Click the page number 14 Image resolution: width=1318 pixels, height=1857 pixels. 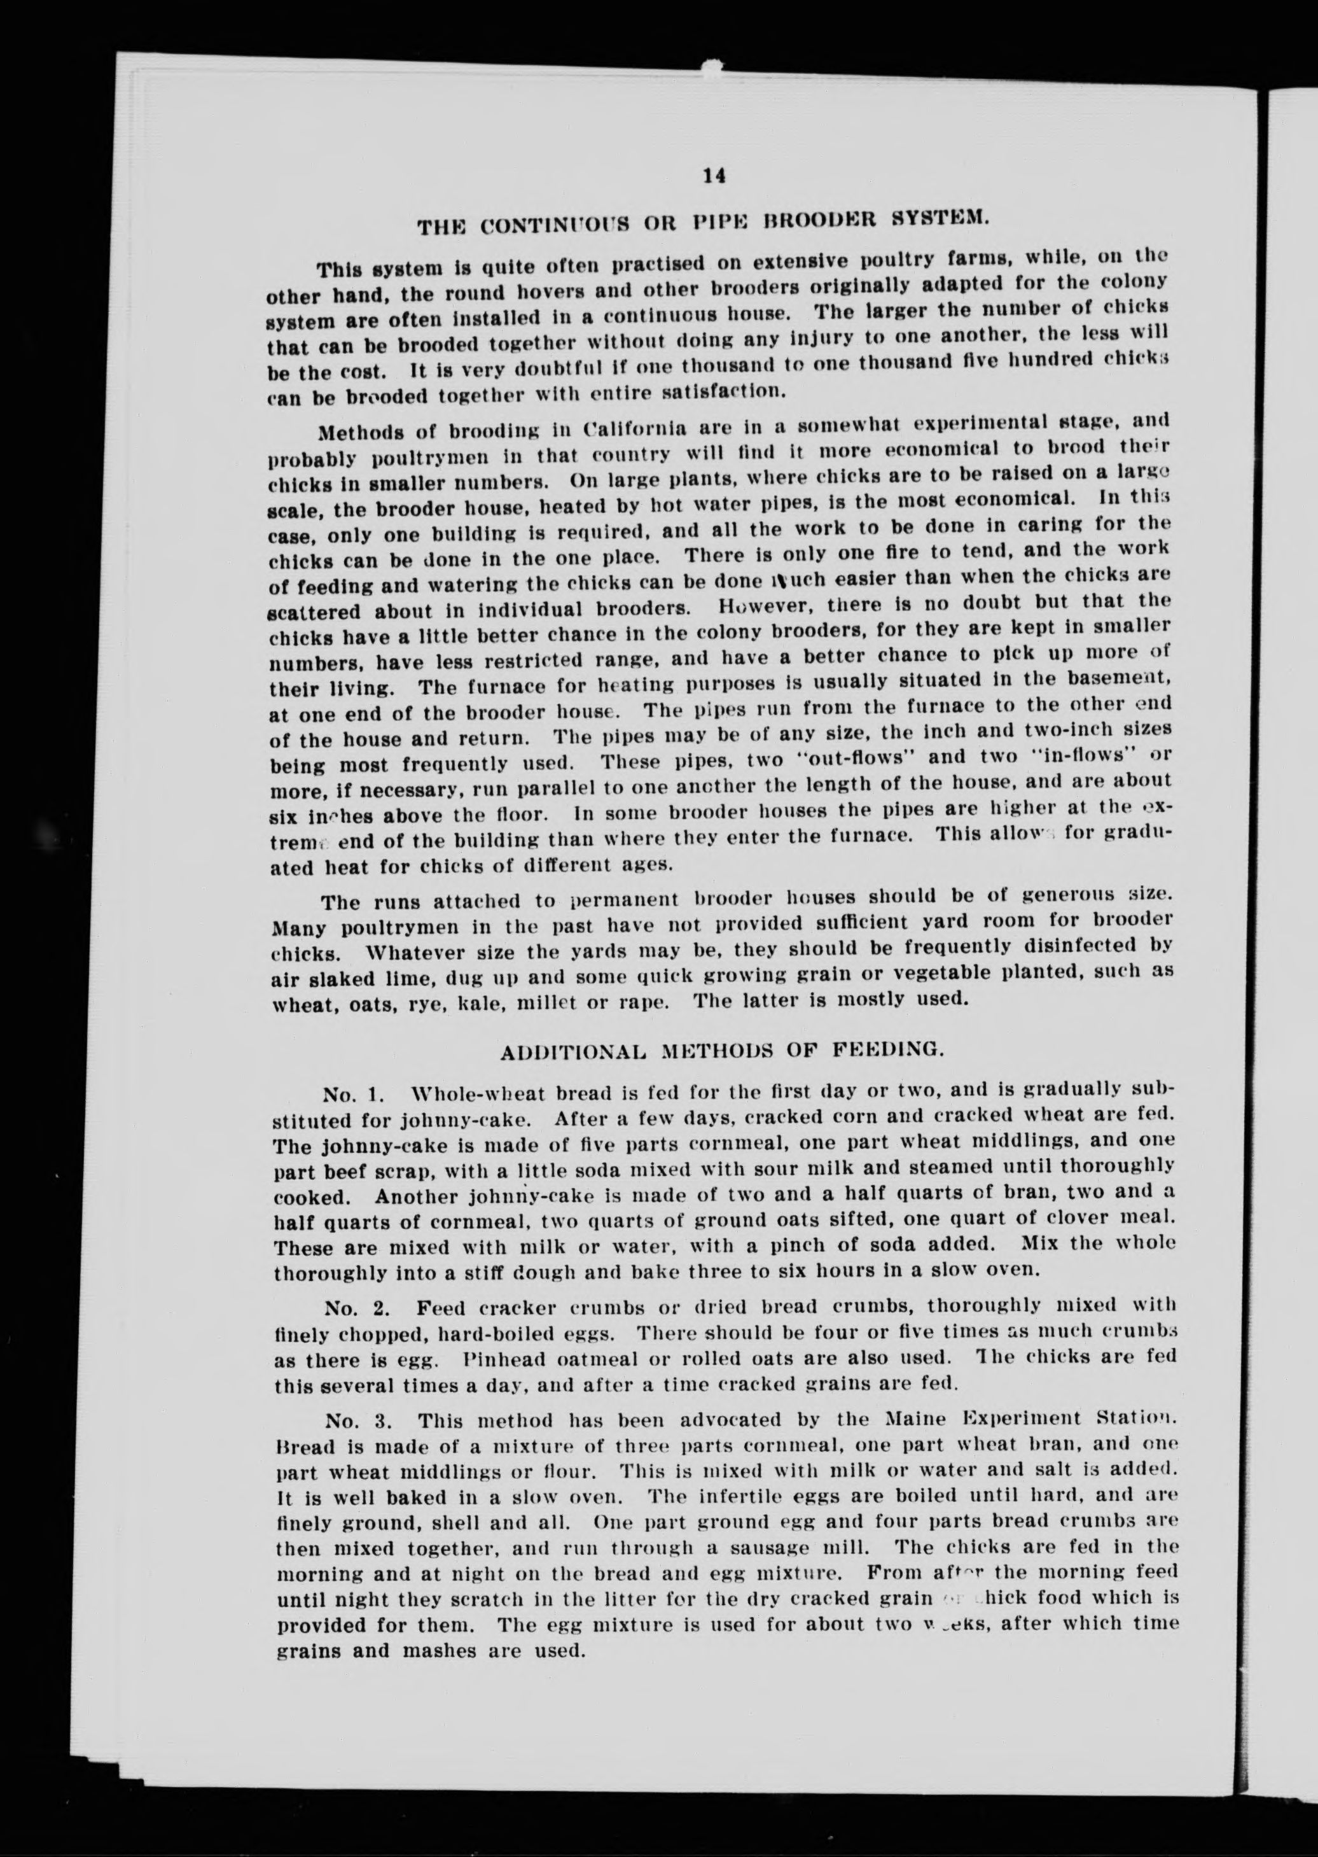click(x=714, y=178)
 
